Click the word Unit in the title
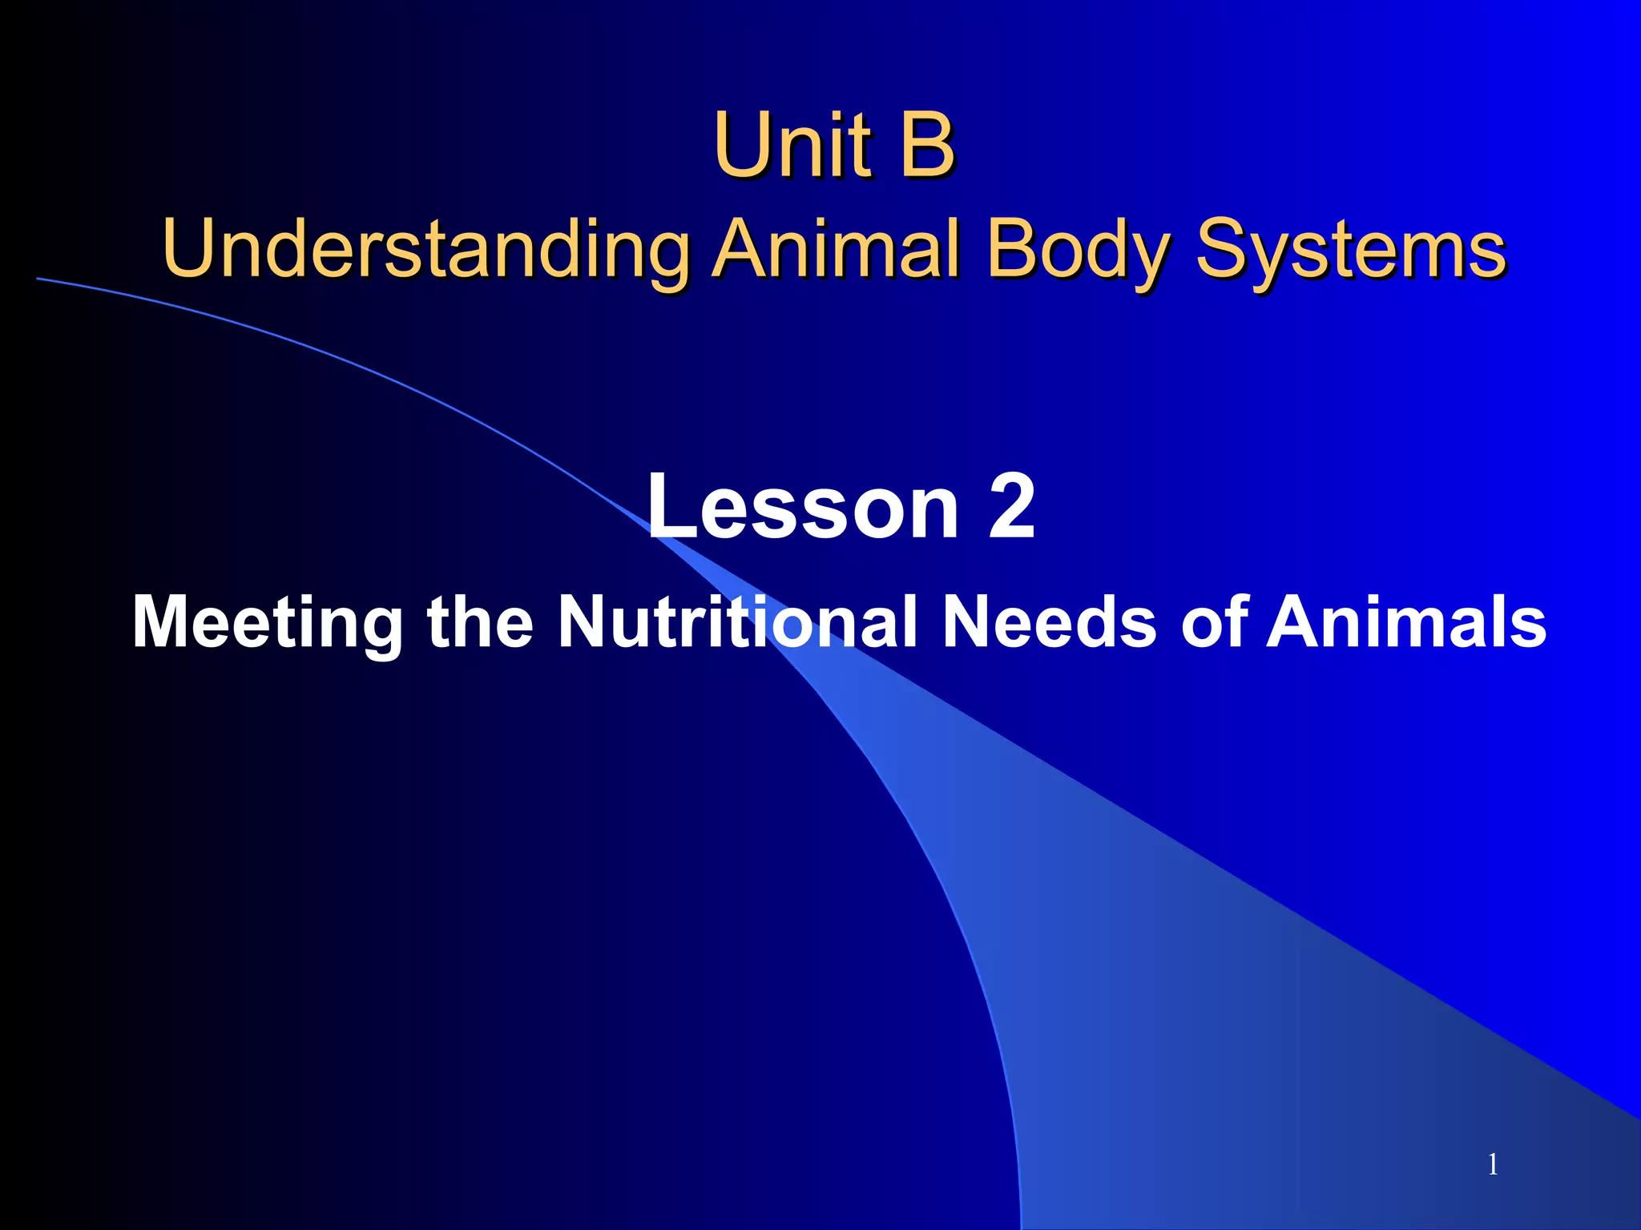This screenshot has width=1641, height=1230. (792, 146)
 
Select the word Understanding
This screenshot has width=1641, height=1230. (425, 249)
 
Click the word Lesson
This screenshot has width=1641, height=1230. (802, 506)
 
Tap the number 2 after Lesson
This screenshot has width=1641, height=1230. (1011, 506)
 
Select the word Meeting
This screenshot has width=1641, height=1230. (268, 623)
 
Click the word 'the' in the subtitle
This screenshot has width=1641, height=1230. (480, 621)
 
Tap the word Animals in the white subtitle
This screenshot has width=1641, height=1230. (1406, 621)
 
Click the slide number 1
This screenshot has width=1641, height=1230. (1493, 1164)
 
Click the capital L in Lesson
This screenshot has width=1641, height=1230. (671, 506)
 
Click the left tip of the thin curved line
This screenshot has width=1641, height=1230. (38, 279)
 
